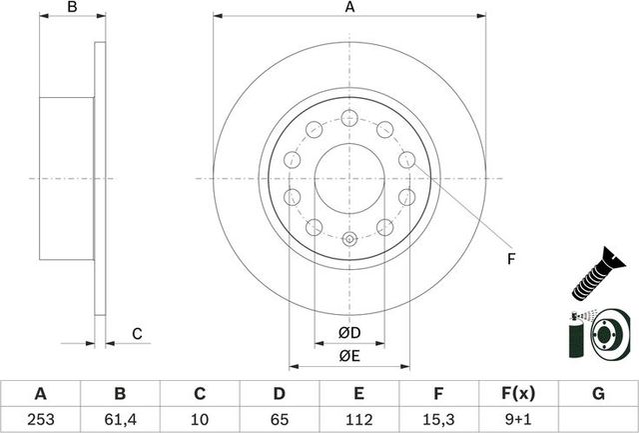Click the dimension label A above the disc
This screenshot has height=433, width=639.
(349, 8)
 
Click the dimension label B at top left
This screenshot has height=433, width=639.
(71, 8)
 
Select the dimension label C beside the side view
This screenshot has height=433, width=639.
(137, 334)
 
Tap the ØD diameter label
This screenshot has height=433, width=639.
(348, 332)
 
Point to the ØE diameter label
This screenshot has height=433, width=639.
(348, 355)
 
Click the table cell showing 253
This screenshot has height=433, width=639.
(40, 420)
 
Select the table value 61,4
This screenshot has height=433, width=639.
(120, 420)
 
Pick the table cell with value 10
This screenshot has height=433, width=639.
(200, 420)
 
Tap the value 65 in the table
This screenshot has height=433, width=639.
(280, 420)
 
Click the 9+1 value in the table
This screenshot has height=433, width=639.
(519, 420)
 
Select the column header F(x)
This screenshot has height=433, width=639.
(519, 394)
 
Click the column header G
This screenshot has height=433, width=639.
(599, 394)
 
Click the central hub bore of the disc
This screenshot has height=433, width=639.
(348, 178)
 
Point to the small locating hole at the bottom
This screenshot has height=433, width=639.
(348, 239)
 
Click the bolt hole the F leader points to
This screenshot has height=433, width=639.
(406, 159)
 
